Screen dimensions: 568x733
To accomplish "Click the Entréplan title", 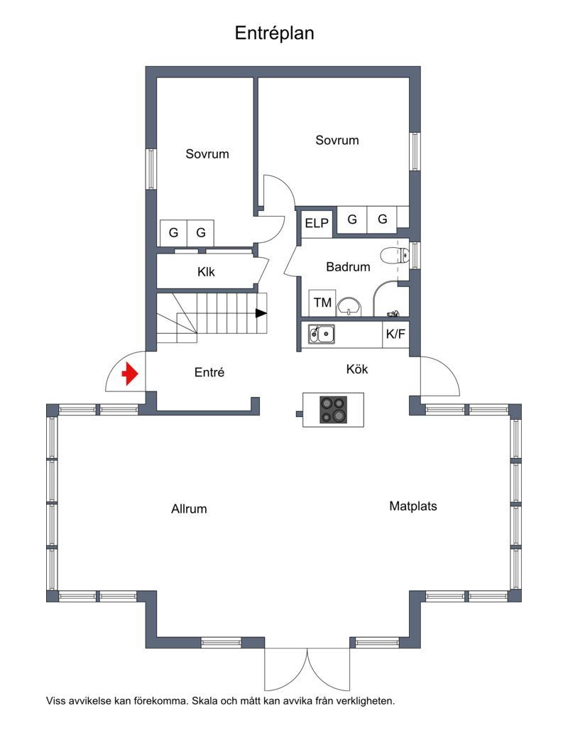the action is [274, 33].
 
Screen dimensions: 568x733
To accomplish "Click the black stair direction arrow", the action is [261, 313].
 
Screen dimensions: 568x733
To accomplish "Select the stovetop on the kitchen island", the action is [334, 410].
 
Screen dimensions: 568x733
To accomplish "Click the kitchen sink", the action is [322, 334].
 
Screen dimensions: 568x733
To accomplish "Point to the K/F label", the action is [395, 335].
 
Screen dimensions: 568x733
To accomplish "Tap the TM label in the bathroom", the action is [322, 303].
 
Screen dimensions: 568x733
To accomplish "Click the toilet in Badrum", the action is [395, 256].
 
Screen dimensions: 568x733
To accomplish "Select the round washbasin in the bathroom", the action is [349, 307].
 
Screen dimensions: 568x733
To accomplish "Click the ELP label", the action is [317, 224].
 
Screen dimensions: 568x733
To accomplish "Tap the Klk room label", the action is [206, 271].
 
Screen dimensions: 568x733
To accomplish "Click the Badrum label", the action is [348, 267].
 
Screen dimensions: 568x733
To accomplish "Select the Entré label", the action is [209, 372].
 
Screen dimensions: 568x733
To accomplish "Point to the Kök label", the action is [357, 369].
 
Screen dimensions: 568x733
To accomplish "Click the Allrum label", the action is [189, 509].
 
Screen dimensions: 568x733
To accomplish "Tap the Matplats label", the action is [413, 506].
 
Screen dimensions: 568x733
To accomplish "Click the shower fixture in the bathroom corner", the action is [393, 313].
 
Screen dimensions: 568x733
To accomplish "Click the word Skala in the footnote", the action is [204, 701].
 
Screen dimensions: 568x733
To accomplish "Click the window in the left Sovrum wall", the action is [151, 169].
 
